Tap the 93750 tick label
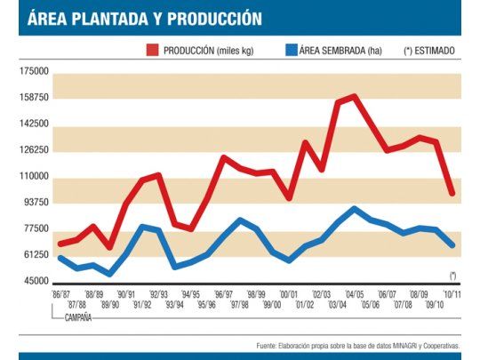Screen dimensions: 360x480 click(36, 202)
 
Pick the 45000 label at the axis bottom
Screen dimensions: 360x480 click(36, 282)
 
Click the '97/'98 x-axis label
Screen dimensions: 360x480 click(239, 304)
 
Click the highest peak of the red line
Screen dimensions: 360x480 click(354, 96)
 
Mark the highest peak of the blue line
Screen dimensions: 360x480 click(354, 209)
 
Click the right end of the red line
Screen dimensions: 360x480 click(452, 193)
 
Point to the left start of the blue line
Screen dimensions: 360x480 click(60, 258)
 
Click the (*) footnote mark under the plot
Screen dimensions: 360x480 click(452, 275)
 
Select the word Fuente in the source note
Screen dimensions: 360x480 click(267, 344)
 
